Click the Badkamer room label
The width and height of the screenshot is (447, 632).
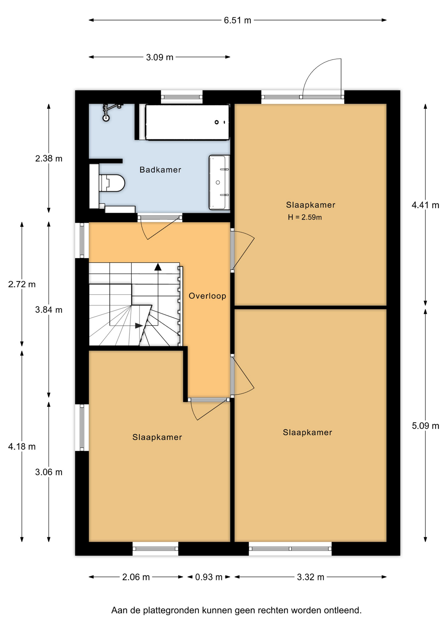click(160, 170)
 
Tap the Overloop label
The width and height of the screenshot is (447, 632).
click(207, 296)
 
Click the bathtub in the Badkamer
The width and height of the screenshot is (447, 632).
click(187, 122)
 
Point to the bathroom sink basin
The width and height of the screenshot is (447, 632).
click(219, 182)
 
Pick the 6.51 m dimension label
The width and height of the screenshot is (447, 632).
click(237, 20)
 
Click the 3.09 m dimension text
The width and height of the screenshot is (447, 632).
click(160, 57)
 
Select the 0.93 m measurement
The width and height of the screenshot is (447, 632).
click(209, 577)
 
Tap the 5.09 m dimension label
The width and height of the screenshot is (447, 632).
click(425, 426)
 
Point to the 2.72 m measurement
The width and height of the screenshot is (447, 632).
click(22, 284)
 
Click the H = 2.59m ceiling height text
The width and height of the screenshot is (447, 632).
click(305, 217)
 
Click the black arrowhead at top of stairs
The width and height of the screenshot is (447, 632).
click(158, 267)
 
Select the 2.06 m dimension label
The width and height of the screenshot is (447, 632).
click(136, 577)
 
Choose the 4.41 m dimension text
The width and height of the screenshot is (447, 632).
click(425, 205)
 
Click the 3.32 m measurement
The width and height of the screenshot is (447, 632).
click(310, 577)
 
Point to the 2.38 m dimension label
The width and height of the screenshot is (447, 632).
click(49, 159)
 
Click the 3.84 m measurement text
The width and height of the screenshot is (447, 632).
click(49, 310)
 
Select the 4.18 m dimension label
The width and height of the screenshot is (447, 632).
click(22, 447)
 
